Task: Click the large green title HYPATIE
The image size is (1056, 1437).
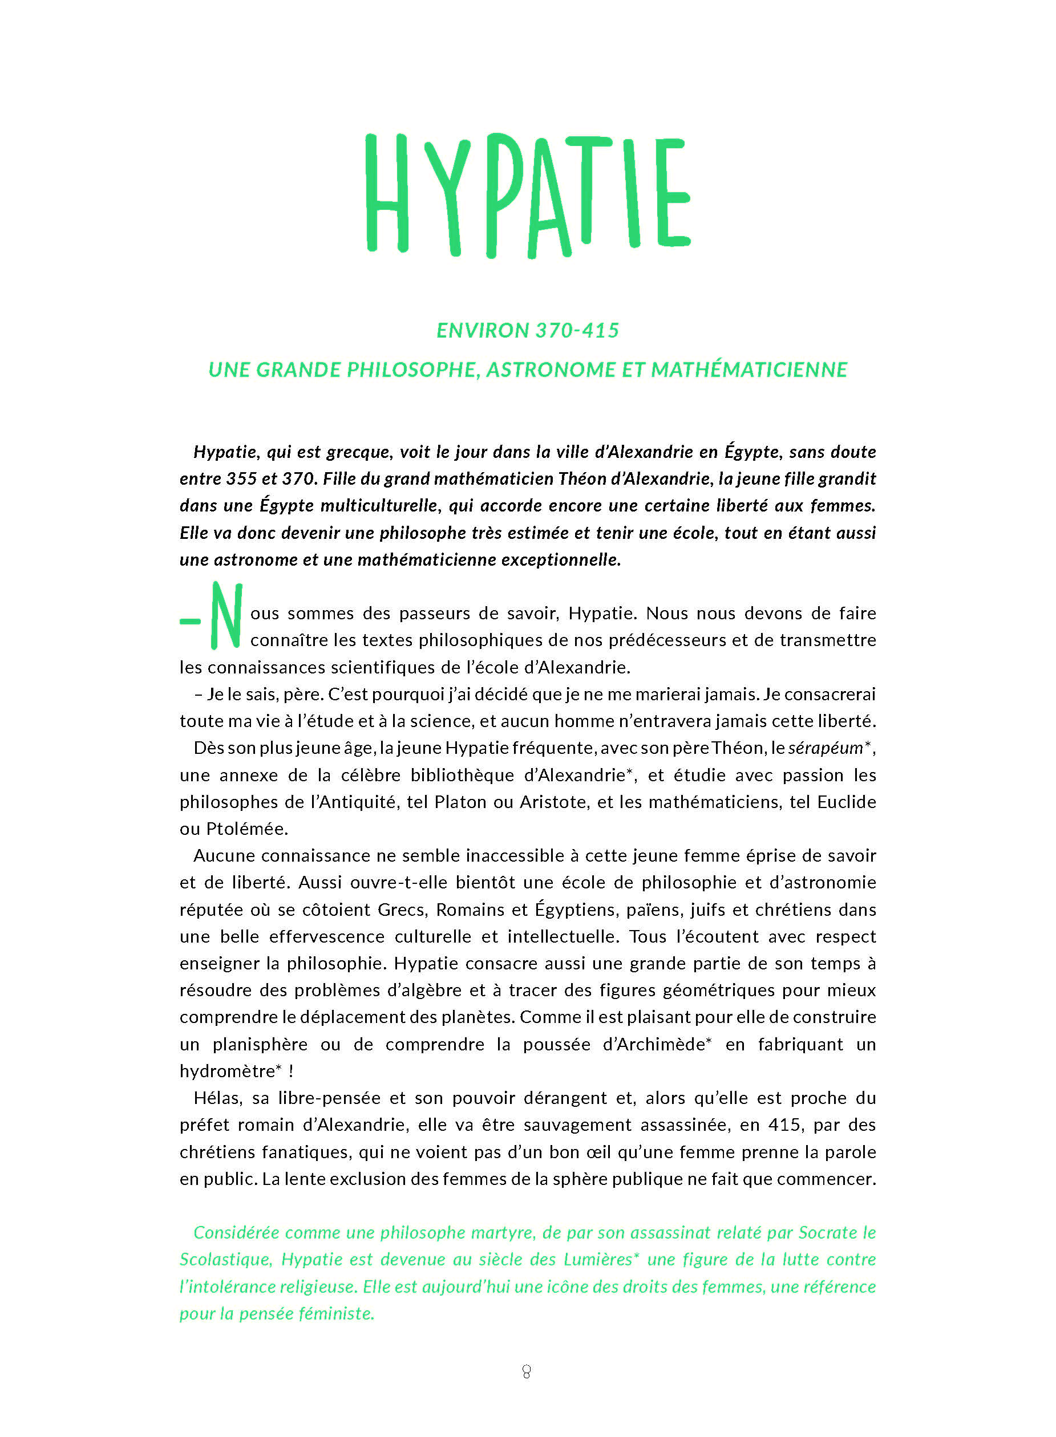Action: (527, 194)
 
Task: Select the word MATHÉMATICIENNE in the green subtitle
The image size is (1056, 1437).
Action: (748, 370)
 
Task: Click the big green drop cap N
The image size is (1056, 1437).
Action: (226, 615)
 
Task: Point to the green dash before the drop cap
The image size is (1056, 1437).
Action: (191, 620)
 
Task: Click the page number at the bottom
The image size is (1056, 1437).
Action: (527, 1371)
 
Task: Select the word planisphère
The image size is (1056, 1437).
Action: (260, 1045)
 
